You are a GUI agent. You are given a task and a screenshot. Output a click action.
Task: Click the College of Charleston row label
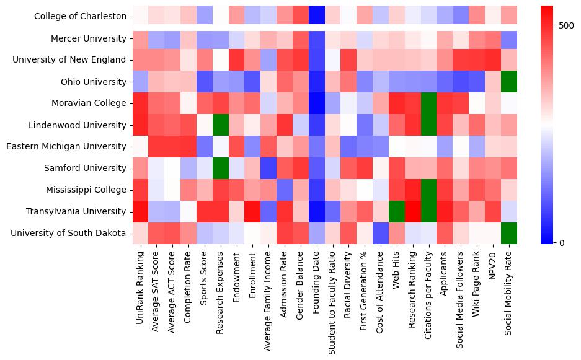[x=74, y=17]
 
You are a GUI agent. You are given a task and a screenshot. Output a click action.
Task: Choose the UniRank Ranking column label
[x=140, y=284]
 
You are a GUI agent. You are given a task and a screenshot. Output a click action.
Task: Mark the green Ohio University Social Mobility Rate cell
[x=508, y=82]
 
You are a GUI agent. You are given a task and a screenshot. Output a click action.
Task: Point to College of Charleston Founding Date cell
[x=317, y=17]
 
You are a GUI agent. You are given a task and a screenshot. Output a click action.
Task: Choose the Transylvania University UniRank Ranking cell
[x=140, y=211]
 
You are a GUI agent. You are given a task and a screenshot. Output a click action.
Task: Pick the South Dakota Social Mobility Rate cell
[x=508, y=233]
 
